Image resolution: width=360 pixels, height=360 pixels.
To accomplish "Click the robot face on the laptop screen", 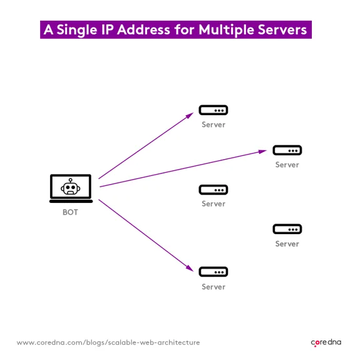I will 71,187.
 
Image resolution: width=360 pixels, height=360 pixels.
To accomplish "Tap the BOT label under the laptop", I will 70,213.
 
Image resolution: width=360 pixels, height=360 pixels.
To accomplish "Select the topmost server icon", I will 213,111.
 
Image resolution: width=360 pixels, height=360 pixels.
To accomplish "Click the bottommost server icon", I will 213,272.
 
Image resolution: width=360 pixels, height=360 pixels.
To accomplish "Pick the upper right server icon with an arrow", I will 287,150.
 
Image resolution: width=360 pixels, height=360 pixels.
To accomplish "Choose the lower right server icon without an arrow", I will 287,229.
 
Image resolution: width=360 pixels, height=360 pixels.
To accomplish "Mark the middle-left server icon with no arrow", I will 213,190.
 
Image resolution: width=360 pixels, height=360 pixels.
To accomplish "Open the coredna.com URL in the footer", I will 108,342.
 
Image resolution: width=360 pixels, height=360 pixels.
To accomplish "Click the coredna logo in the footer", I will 326,342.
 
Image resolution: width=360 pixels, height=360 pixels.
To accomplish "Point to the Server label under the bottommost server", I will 213,287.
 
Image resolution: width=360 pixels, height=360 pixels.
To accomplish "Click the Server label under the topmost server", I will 213,125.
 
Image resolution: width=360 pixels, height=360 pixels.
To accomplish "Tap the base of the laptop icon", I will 71,201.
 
